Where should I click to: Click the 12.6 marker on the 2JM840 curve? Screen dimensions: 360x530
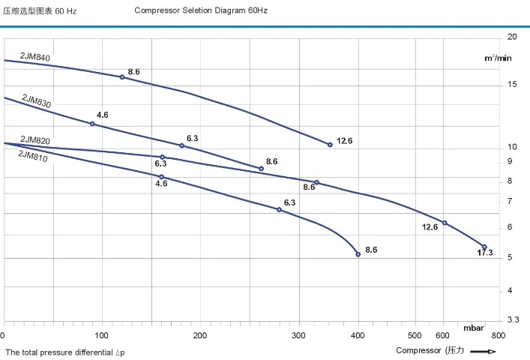330,145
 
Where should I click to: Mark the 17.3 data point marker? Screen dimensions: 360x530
484,247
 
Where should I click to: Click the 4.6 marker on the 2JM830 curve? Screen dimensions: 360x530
92,124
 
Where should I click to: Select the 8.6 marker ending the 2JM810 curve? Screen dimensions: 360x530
358,254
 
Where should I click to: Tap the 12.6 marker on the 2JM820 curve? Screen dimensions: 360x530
445,223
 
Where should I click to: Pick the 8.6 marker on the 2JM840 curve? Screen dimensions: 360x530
122,77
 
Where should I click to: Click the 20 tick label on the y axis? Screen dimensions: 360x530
512,37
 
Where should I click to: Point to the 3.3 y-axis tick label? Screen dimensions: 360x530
513,320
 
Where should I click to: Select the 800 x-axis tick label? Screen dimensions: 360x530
498,335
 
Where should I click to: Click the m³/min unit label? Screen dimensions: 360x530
497,58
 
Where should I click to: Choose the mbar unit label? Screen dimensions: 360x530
473,328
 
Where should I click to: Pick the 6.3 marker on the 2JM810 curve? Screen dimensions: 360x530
280,209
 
